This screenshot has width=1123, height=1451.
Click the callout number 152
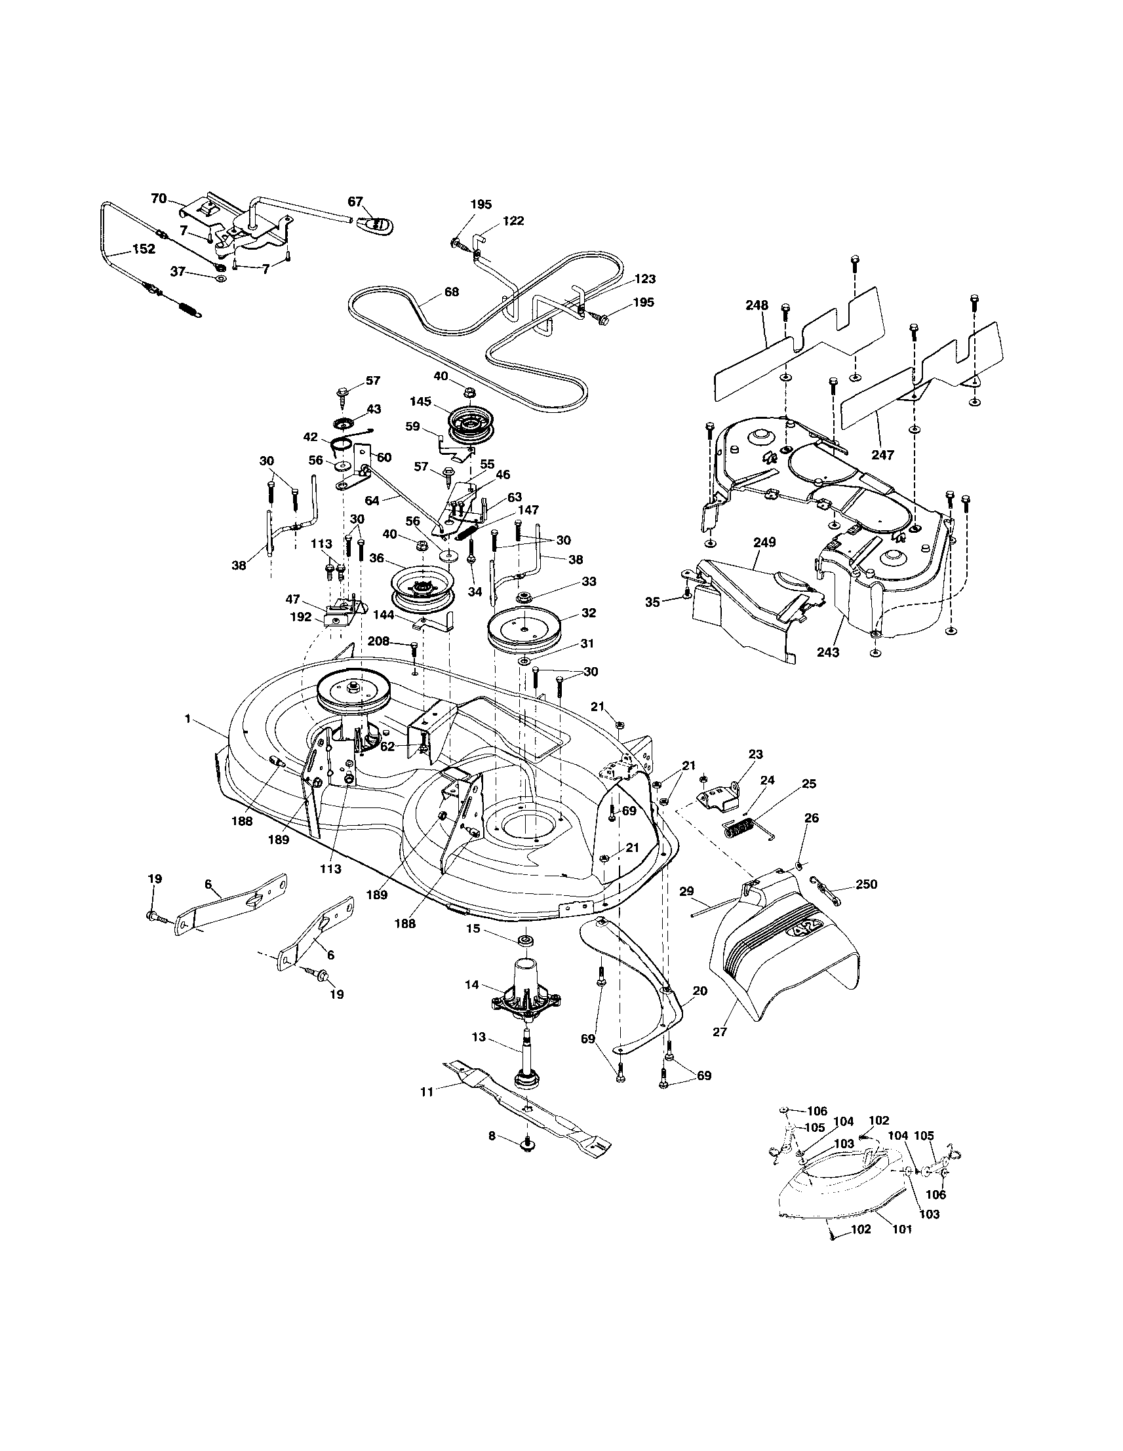point(144,249)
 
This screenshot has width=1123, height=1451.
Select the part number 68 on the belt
point(451,292)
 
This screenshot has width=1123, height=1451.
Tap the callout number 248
point(757,305)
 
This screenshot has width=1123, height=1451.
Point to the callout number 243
point(828,651)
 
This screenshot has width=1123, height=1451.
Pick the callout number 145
point(421,401)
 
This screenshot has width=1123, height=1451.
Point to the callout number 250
point(866,883)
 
